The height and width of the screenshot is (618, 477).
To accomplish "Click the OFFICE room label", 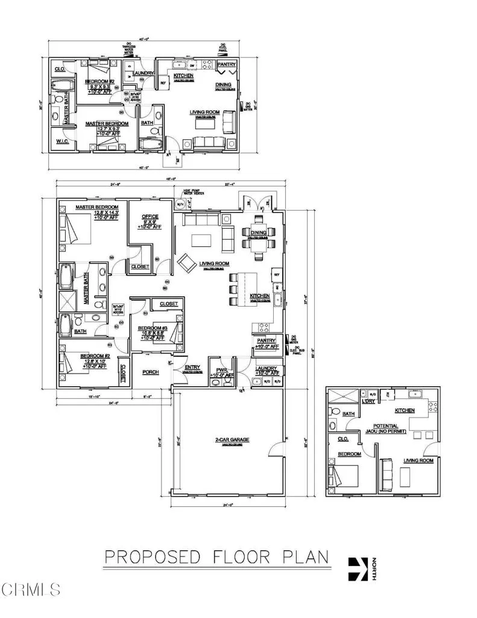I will [x=150, y=216].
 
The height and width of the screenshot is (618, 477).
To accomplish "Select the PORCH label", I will [x=150, y=372].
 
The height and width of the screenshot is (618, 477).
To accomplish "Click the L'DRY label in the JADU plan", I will [x=368, y=401].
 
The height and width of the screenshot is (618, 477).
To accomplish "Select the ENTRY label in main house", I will [x=192, y=368].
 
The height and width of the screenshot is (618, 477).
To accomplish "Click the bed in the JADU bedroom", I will [x=344, y=476].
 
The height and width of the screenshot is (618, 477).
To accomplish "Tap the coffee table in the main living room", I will [x=201, y=240].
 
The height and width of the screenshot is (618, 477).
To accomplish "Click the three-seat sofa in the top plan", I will [x=207, y=142].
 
